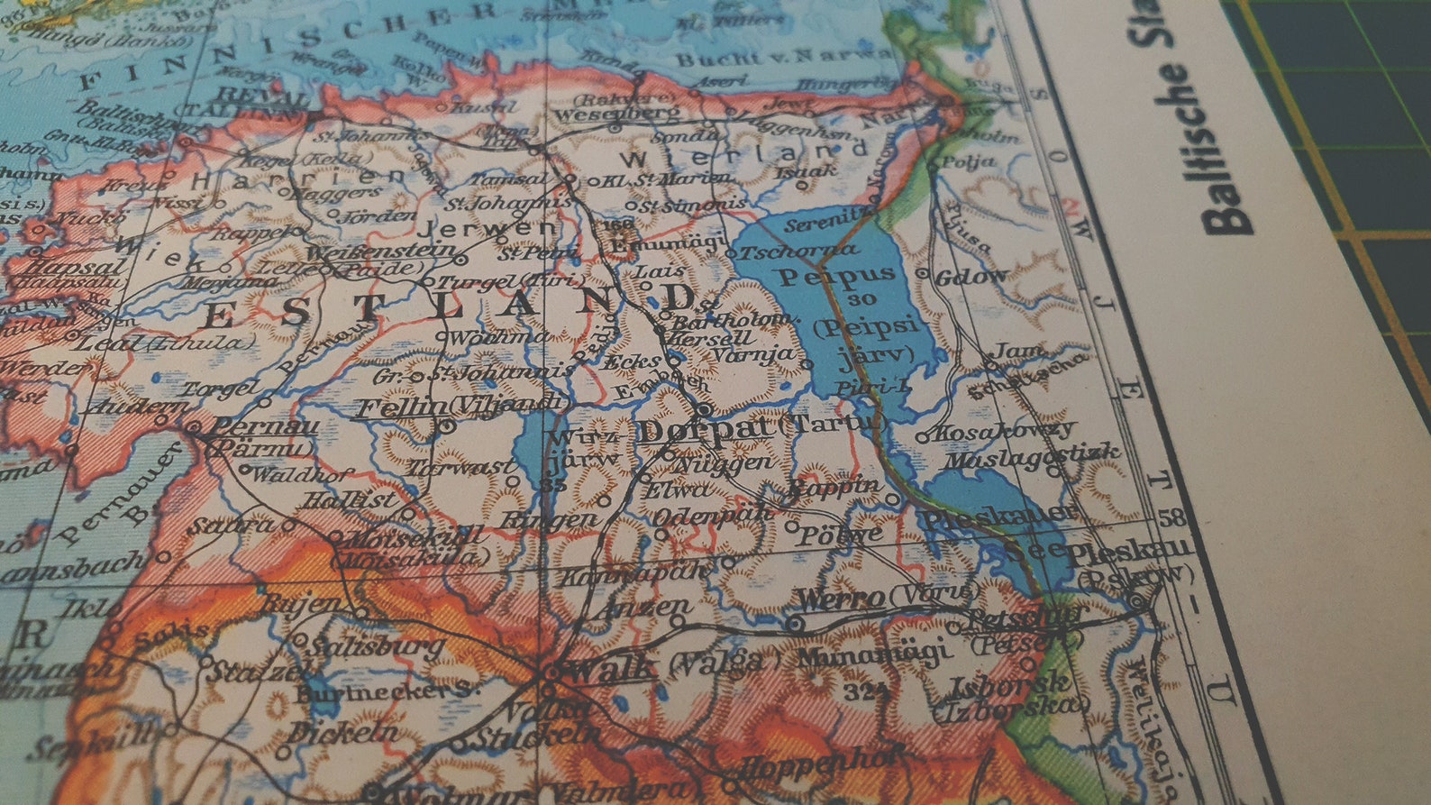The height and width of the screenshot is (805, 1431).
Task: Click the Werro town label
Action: [x=841, y=599]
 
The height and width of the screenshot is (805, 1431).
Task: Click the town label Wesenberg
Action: [x=616, y=114]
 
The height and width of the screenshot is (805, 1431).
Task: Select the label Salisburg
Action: [x=377, y=646]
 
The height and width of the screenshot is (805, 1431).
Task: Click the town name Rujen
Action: [x=301, y=604]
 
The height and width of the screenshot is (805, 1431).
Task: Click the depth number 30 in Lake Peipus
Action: [x=861, y=299]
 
